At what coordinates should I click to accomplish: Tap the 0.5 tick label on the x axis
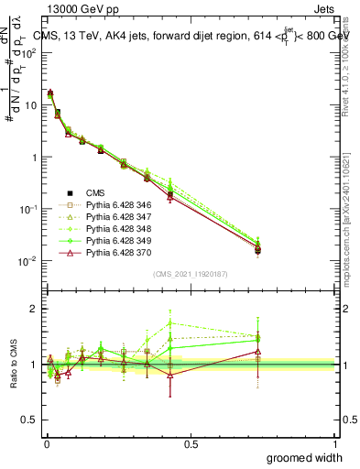click(x=190, y=444)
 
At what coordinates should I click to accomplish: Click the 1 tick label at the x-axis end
click(x=335, y=444)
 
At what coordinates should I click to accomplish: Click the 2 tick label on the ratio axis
click(x=34, y=309)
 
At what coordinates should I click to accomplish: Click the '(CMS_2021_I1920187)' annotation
click(x=190, y=272)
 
